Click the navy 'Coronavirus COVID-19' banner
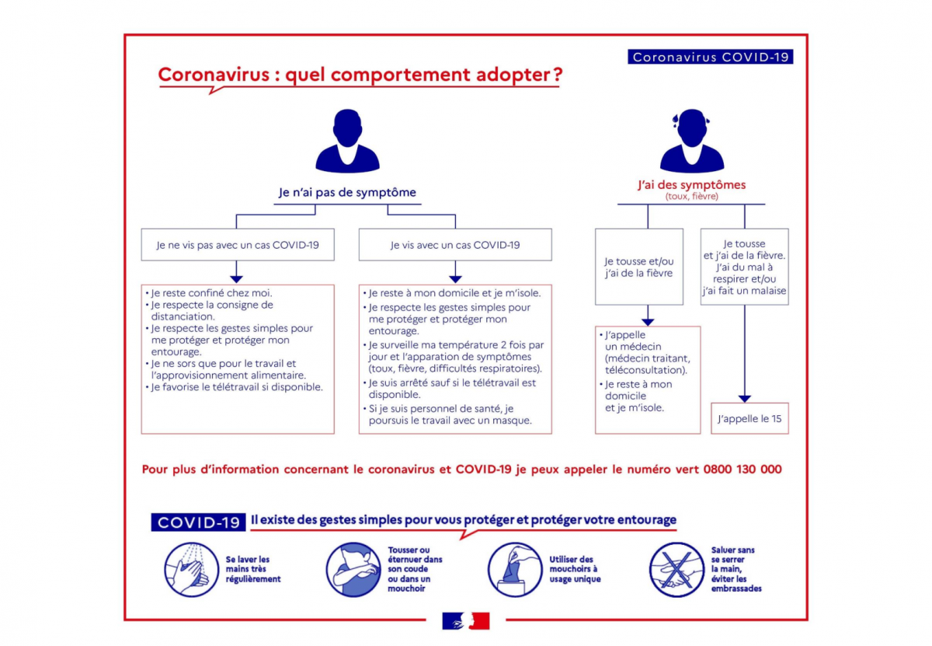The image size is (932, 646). (x=710, y=57)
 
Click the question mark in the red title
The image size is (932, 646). (x=558, y=75)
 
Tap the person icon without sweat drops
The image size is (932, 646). (x=347, y=141)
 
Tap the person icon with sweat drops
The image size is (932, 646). (x=691, y=141)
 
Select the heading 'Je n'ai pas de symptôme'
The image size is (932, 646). (x=347, y=192)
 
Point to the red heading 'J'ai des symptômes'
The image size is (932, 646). (x=691, y=184)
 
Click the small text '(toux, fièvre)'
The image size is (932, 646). (x=691, y=196)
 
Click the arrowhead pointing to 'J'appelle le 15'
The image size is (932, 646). (x=744, y=399)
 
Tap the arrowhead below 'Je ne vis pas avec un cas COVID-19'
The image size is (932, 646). (x=236, y=279)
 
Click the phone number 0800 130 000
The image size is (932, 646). (x=742, y=469)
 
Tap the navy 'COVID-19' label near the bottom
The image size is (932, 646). (x=198, y=522)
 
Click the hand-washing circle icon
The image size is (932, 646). (x=191, y=569)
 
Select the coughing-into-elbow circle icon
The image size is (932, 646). (x=353, y=569)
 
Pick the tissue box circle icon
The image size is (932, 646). (x=515, y=569)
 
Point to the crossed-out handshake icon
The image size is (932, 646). (x=676, y=569)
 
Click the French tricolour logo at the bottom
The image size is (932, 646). (x=465, y=620)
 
